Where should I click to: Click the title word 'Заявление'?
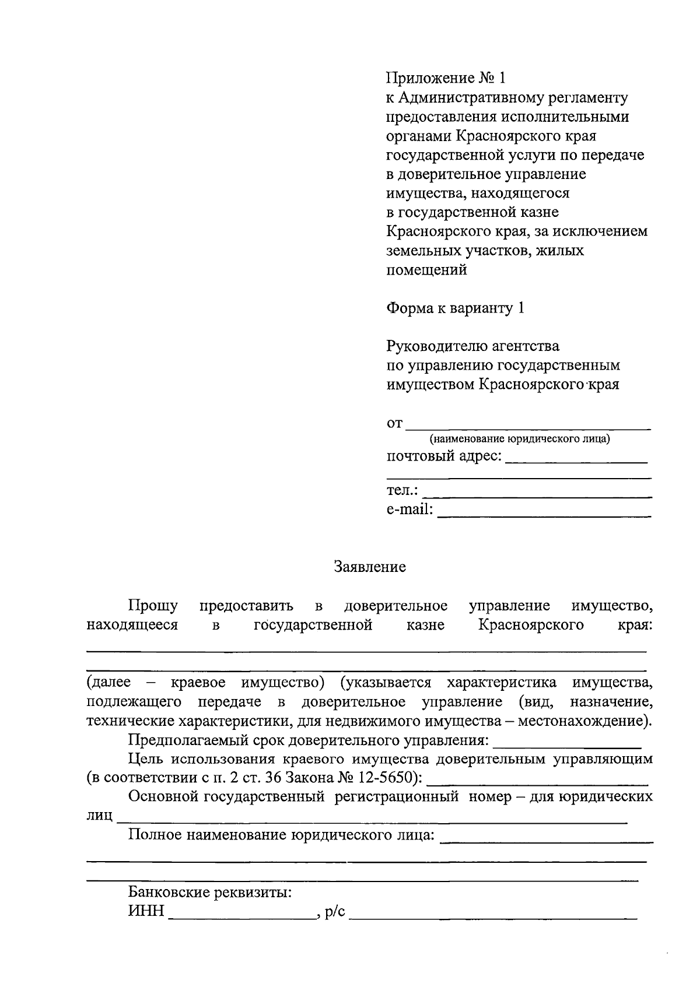[370, 567]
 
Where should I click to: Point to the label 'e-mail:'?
[409, 510]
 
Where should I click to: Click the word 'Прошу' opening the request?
[153, 606]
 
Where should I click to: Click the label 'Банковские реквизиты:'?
[210, 893]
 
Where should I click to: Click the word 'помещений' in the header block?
[426, 270]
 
